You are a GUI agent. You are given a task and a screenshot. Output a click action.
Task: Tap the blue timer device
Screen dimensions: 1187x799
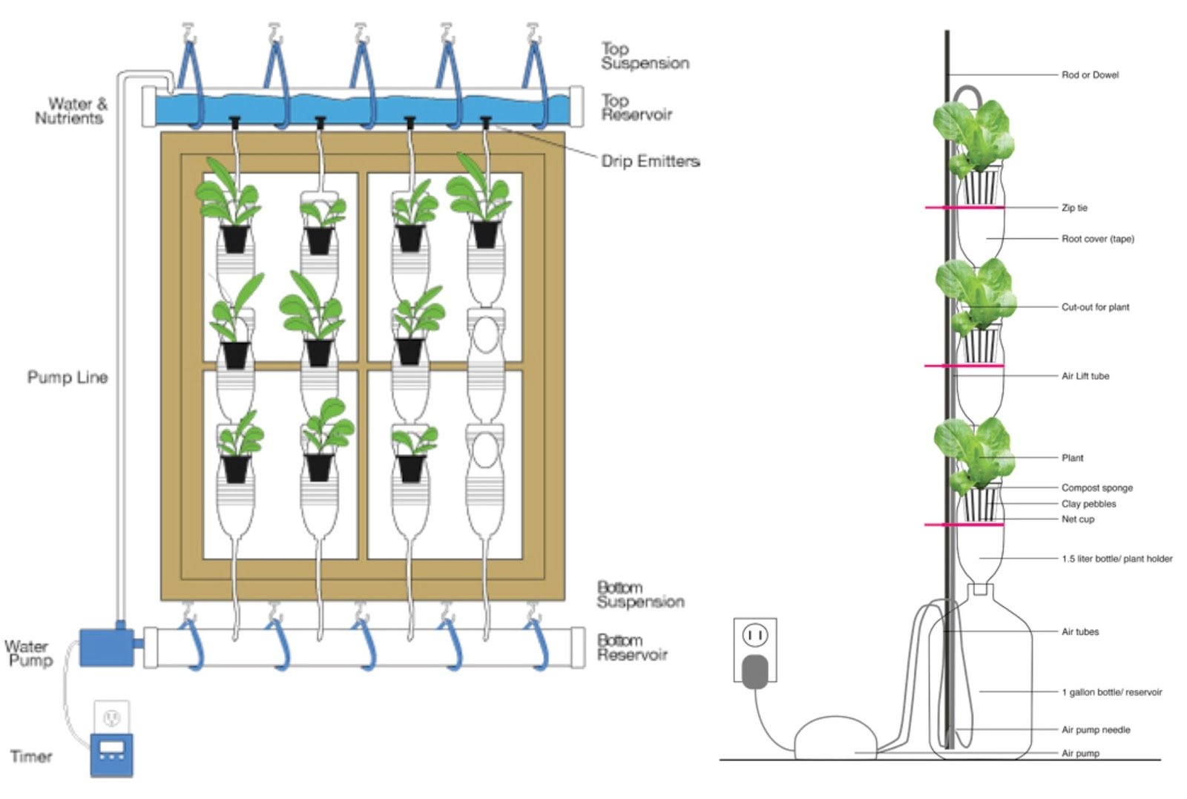(x=111, y=755)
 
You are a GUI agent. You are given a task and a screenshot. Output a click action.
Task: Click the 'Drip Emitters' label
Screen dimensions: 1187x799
(x=651, y=161)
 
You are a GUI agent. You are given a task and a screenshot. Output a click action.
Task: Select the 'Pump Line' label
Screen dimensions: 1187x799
(x=68, y=378)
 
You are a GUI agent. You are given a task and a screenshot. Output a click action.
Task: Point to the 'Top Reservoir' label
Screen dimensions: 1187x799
(x=637, y=108)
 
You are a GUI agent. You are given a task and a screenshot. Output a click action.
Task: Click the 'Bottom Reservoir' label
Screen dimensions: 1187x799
(x=632, y=648)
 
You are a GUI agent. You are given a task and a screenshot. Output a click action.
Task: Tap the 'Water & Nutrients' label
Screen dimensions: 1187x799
(x=71, y=111)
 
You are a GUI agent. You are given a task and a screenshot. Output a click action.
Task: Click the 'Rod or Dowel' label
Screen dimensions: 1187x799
(x=1090, y=75)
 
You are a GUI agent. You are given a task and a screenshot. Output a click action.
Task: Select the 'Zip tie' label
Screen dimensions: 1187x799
(x=1075, y=208)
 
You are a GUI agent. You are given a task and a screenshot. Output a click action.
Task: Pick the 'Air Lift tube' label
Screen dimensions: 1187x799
(x=1085, y=376)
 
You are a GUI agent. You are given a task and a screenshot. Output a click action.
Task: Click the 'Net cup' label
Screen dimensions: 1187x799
(x=1078, y=519)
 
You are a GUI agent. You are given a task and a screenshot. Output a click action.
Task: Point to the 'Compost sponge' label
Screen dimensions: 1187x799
(x=1097, y=488)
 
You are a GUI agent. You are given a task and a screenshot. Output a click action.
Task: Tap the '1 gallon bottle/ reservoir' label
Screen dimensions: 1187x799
(x=1112, y=692)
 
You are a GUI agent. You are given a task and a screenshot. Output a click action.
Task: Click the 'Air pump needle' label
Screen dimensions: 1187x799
(x=1096, y=730)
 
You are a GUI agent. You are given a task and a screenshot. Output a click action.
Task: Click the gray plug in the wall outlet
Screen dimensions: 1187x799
(x=755, y=671)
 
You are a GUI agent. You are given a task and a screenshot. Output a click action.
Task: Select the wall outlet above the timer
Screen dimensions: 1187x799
(x=111, y=717)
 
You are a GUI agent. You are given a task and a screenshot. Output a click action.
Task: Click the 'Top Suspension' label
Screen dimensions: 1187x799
(x=645, y=56)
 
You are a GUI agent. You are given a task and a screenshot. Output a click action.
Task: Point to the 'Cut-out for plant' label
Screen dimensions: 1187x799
(x=1095, y=307)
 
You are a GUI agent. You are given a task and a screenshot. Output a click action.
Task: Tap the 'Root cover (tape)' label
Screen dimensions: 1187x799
(x=1098, y=239)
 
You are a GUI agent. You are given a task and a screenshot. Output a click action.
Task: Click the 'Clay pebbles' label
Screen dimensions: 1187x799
(x=1089, y=504)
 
